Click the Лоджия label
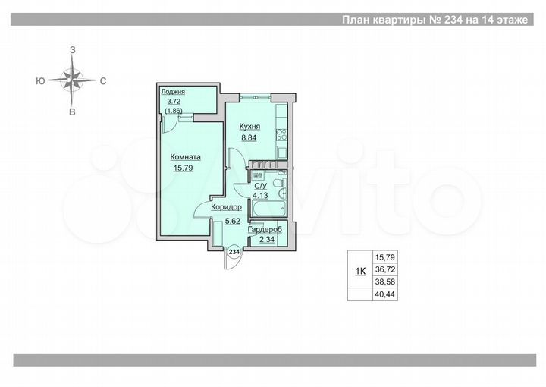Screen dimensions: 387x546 pyautogui.click(x=173, y=92)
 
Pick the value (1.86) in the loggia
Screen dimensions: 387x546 pyautogui.click(x=173, y=110)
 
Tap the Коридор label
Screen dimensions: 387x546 pyautogui.click(x=226, y=207)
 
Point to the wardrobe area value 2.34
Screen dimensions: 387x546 pyautogui.click(x=267, y=241)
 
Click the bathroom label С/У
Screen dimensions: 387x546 pyautogui.click(x=259, y=185)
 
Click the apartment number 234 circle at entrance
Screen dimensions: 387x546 pyautogui.click(x=234, y=251)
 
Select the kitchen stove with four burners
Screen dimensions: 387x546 pyautogui.click(x=281, y=136)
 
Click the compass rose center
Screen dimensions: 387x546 pyautogui.click(x=73, y=80)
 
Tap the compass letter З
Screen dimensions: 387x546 pyautogui.click(x=73, y=49)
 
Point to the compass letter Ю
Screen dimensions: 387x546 pyautogui.click(x=38, y=80)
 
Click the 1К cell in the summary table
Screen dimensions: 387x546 pyautogui.click(x=360, y=271)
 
